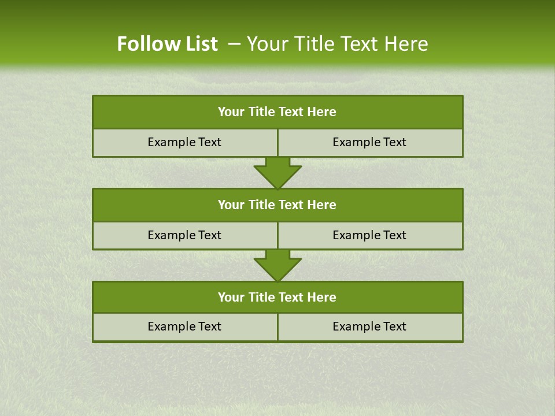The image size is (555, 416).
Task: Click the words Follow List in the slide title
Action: coord(167,44)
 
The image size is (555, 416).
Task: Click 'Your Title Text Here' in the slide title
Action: coord(338,44)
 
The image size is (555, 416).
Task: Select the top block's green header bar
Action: coord(277,112)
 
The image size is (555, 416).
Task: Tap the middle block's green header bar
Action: coord(277,205)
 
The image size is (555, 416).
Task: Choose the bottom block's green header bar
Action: coord(277,297)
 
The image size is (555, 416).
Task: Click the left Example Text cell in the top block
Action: coord(184,142)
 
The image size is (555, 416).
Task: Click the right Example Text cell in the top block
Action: coord(369,142)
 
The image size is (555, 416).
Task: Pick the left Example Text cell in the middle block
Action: coord(184,235)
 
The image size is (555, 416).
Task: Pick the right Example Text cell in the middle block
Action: coord(369,235)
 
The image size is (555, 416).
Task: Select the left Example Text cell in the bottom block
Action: coord(184,326)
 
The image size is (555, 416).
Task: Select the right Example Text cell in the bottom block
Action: coord(369,326)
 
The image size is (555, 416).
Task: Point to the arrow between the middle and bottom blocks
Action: coord(277,265)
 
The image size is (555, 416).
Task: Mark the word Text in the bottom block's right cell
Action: coord(394,326)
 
